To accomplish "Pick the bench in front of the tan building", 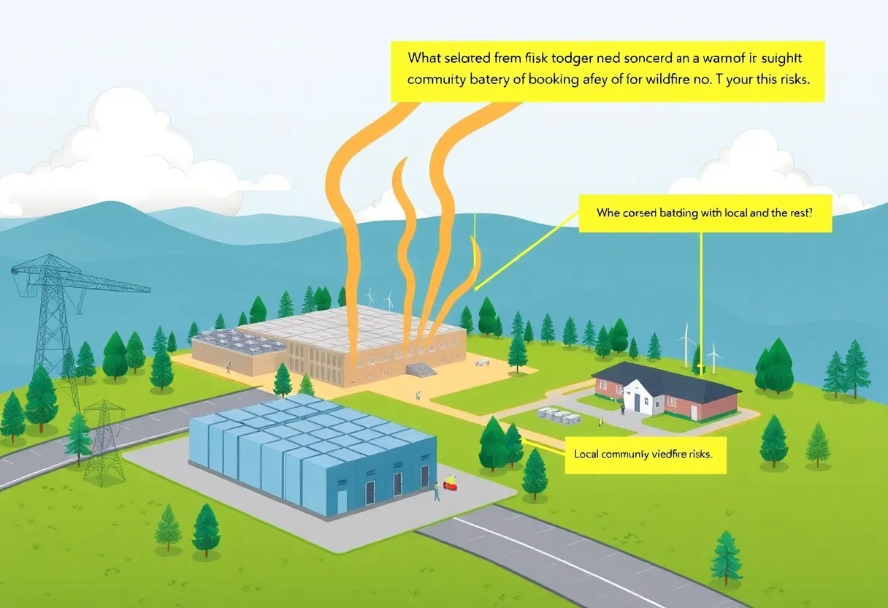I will (482, 362).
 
